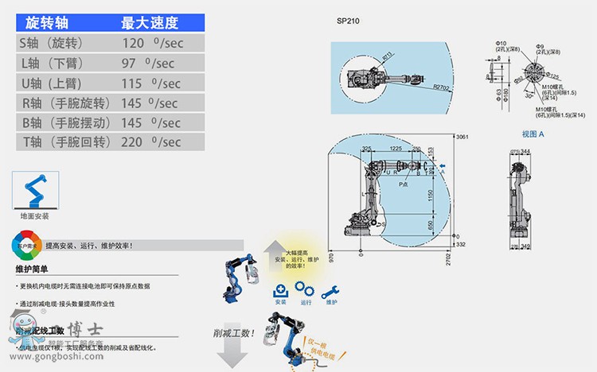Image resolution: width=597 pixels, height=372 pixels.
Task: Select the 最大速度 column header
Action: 150,22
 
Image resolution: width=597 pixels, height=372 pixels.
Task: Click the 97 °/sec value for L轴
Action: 150,62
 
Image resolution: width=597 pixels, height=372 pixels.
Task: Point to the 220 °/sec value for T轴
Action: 151,141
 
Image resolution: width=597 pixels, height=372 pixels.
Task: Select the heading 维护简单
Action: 33,269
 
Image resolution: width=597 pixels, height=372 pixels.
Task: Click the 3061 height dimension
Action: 461,137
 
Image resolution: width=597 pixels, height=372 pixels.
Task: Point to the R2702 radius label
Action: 442,87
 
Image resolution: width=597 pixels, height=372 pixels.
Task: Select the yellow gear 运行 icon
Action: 306,290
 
